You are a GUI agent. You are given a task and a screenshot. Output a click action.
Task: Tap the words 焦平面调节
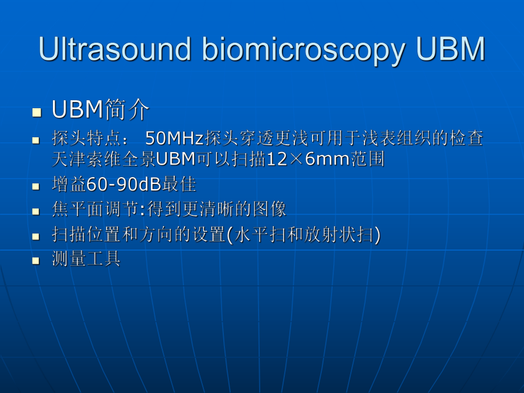click(x=94, y=210)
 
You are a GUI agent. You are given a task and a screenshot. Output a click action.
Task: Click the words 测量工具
click(x=85, y=260)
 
